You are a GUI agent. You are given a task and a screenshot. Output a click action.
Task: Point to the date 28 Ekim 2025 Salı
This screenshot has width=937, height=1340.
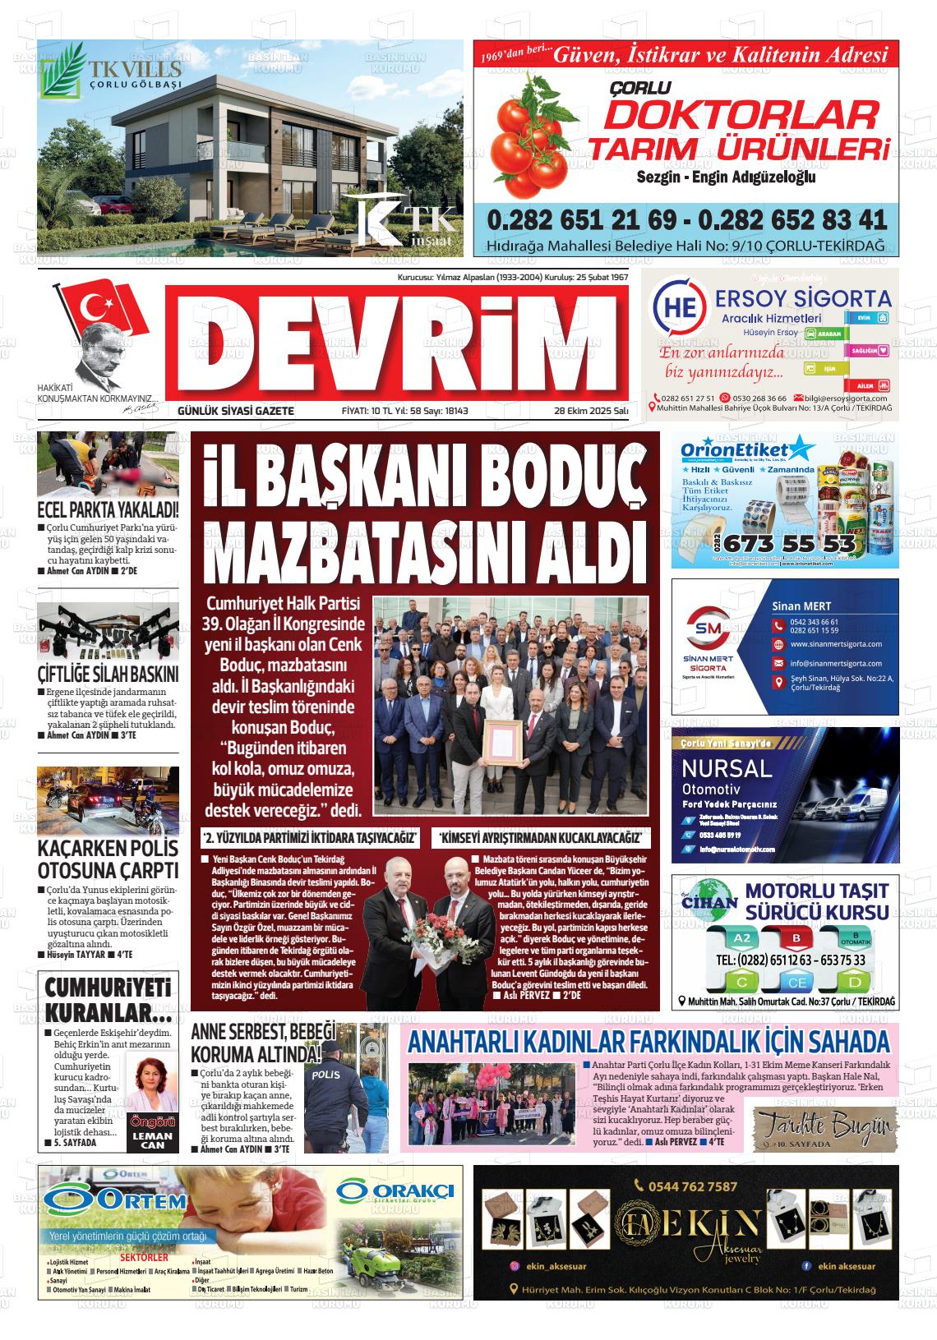point(591,410)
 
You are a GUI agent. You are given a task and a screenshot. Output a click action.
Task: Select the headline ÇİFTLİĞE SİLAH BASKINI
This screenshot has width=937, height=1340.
point(108,675)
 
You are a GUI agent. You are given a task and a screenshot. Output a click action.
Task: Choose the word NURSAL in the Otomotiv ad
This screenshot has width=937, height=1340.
point(727,768)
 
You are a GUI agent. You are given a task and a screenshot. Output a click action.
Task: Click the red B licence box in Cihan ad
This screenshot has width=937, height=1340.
point(796,938)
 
